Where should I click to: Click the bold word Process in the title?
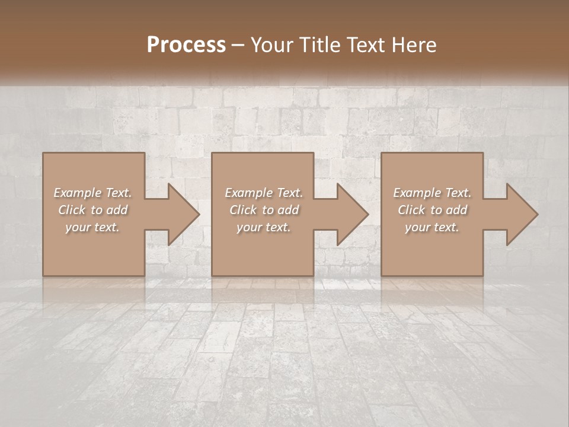coord(186,45)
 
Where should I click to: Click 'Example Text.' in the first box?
coord(92,193)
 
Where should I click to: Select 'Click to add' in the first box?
coord(92,210)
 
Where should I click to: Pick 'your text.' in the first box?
coord(92,227)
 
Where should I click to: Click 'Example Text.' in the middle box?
coord(263,193)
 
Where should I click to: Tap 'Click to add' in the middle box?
coord(263,210)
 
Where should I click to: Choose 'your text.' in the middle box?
coord(263,227)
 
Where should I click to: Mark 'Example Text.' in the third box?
coord(432,193)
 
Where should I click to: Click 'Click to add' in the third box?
coord(432,210)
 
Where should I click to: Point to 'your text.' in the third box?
coord(432,227)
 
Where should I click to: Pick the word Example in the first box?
coord(78,193)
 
